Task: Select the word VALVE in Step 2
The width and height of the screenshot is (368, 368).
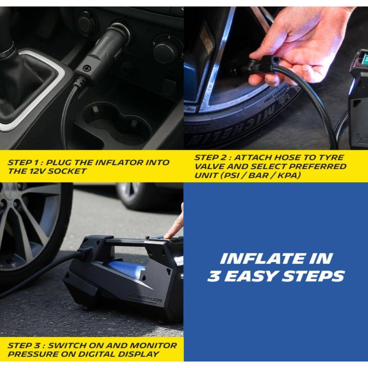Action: click(209, 166)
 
